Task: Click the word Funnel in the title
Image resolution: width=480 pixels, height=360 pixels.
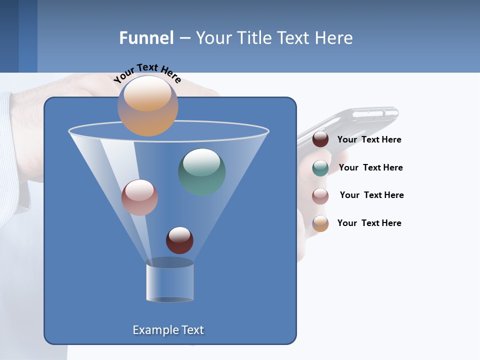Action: tap(146, 38)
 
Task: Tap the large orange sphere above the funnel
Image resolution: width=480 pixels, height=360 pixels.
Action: tap(147, 105)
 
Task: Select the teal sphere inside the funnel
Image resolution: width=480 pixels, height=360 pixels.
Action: tap(202, 171)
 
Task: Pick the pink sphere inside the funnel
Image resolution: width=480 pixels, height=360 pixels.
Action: tap(139, 197)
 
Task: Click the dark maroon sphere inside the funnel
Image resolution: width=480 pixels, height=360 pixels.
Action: tap(179, 240)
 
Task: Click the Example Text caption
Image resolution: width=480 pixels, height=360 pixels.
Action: tap(168, 330)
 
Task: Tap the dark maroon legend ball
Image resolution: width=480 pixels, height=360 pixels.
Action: tap(320, 139)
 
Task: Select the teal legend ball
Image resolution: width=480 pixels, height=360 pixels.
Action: tap(320, 168)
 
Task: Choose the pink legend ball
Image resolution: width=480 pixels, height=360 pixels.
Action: tap(320, 196)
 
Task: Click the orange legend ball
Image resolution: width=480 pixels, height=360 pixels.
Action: tap(320, 223)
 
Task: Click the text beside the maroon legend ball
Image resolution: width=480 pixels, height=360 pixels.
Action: tap(369, 139)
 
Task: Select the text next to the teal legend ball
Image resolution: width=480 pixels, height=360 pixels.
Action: tap(370, 167)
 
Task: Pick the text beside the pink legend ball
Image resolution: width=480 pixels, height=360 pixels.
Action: tap(371, 195)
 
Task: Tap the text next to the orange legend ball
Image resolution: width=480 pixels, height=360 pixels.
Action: tap(369, 223)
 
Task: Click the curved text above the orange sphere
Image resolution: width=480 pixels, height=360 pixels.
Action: tap(147, 72)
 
